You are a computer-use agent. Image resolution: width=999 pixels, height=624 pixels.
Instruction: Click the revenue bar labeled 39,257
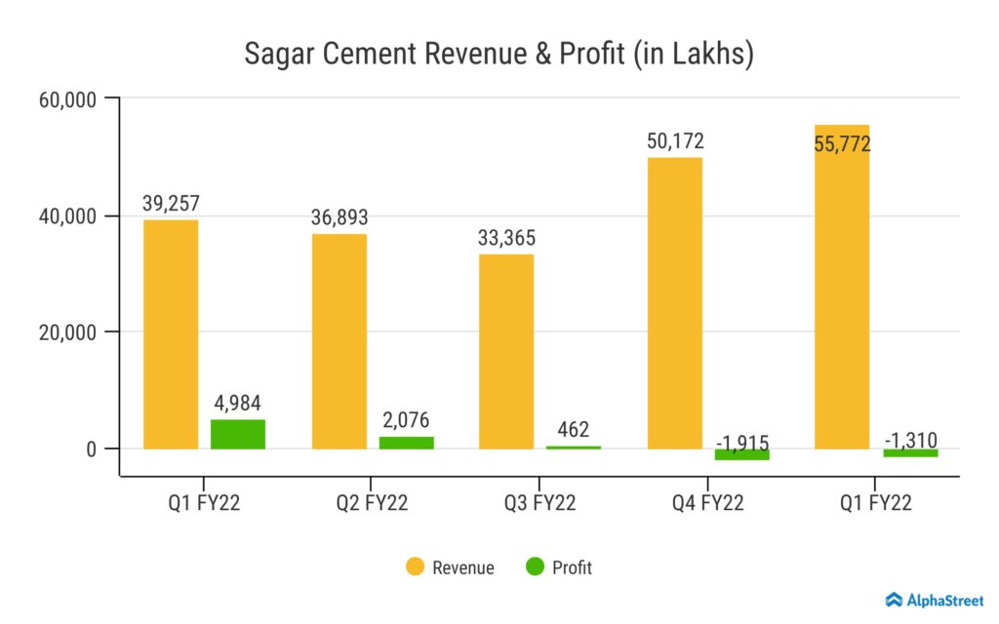(171, 334)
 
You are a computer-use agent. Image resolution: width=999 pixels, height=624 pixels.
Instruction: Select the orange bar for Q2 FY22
(340, 341)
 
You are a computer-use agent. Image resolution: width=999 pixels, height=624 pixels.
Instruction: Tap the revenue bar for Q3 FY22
(506, 351)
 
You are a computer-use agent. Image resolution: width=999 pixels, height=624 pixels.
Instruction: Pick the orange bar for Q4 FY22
(674, 303)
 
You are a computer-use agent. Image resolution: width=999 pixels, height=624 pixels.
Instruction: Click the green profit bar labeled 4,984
(238, 434)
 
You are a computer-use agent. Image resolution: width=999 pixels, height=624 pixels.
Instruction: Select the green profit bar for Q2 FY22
(406, 443)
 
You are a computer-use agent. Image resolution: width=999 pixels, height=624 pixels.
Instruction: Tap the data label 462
(575, 430)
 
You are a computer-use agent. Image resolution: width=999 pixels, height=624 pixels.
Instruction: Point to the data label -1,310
(910, 441)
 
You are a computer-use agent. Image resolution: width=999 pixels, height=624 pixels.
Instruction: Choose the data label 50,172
(675, 141)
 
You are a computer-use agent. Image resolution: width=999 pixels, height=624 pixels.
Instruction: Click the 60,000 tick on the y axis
(67, 99)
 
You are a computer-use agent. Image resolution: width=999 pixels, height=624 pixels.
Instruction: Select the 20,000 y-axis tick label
(67, 332)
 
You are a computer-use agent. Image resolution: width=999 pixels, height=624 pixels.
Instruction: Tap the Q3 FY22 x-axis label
(539, 503)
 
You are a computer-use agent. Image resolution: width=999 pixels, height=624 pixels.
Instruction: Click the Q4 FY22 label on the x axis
(707, 503)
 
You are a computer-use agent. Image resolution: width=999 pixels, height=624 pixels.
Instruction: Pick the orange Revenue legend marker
(415, 567)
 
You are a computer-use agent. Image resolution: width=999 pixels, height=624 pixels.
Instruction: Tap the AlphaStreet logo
(935, 600)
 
